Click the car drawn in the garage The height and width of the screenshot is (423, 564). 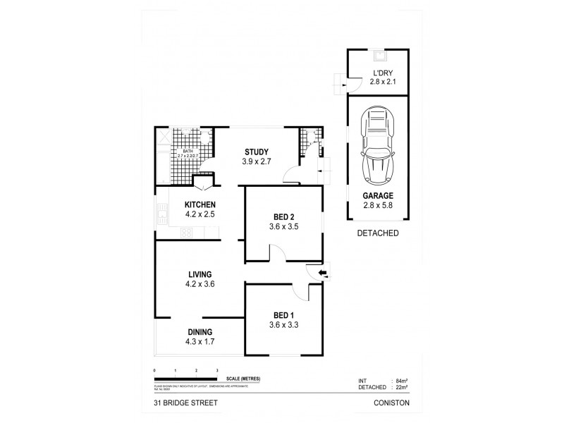click(x=378, y=148)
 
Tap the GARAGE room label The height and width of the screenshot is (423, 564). click(x=378, y=196)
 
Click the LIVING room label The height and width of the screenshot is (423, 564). click(x=200, y=274)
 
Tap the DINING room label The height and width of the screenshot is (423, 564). click(x=200, y=332)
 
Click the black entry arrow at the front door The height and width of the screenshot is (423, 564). click(x=322, y=273)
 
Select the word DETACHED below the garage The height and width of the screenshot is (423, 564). click(x=378, y=233)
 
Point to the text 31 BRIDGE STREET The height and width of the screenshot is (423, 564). click(x=180, y=403)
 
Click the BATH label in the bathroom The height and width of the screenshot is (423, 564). click(x=188, y=151)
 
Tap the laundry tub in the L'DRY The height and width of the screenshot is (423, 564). click(x=378, y=54)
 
